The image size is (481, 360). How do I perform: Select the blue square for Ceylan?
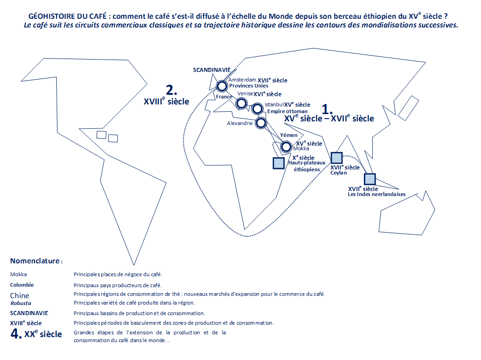point(336,158)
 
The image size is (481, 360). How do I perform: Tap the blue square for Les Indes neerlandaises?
point(370,179)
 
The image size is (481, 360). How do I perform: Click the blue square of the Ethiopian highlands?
point(279,163)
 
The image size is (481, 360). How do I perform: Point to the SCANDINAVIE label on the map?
point(211,70)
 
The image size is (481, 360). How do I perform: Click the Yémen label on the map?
point(289,135)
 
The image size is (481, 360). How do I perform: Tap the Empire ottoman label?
point(287,111)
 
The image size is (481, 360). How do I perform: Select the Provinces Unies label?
point(249,86)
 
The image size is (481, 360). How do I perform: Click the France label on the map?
point(224,97)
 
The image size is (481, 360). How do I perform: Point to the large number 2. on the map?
point(172,90)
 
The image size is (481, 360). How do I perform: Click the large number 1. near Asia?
point(327,109)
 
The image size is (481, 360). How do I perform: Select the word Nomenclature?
point(35,261)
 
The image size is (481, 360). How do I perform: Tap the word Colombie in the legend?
point(22,285)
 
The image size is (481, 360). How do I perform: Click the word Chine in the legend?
point(20,295)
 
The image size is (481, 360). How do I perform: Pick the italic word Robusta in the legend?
point(21,303)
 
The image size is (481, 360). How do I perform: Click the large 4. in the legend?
point(16,333)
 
